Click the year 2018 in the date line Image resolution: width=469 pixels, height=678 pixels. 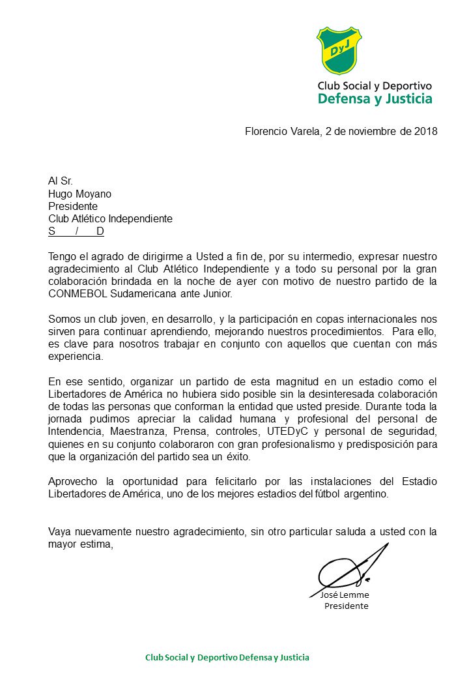coord(426,131)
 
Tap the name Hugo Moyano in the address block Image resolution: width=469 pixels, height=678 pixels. coord(79,193)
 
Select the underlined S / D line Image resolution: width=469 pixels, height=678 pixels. coord(76,231)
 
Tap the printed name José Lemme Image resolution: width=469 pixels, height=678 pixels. coord(345,595)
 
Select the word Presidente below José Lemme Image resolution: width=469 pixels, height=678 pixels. coord(346,606)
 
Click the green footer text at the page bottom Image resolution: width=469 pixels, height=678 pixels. coord(227,658)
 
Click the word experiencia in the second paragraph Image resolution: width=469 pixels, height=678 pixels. coord(75,357)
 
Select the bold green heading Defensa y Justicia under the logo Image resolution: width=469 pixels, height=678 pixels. coord(375,99)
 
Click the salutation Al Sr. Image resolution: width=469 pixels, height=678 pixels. coord(61,181)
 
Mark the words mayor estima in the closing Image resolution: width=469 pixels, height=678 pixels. coord(80,544)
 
